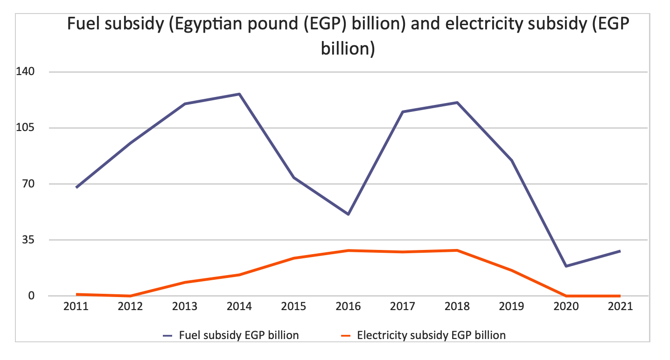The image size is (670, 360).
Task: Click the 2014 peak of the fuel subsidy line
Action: [x=239, y=94]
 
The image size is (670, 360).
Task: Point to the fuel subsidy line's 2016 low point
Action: [x=348, y=214]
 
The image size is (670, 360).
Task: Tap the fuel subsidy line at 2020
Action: [x=566, y=266]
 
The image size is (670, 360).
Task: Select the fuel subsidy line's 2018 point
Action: [x=457, y=103]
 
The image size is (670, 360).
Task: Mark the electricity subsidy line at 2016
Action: [x=348, y=250]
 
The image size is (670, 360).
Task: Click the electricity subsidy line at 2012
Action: [x=130, y=296]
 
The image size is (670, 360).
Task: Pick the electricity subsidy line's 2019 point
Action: [x=512, y=270]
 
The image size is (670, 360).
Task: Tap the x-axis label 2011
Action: [x=76, y=307]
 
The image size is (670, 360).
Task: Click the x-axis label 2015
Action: [x=294, y=307]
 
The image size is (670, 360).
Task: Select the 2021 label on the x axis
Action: [x=620, y=307]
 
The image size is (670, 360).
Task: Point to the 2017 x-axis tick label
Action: [x=403, y=307]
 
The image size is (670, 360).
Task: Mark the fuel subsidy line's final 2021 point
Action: [x=620, y=251]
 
